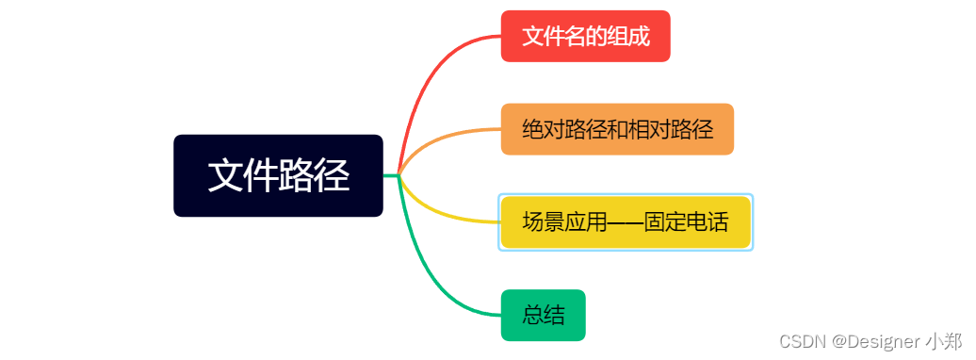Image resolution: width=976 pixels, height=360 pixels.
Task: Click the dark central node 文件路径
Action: click(278, 175)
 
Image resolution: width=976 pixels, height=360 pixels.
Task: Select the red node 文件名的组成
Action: click(585, 36)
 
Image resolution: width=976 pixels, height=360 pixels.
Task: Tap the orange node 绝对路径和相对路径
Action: click(617, 129)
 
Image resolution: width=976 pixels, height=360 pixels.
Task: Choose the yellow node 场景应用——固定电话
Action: click(625, 222)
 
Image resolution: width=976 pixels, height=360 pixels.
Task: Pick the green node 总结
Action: click(543, 315)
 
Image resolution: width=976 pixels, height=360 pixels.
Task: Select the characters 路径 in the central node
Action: click(315, 175)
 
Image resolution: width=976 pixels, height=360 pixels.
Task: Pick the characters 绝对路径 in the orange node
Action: click(563, 129)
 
